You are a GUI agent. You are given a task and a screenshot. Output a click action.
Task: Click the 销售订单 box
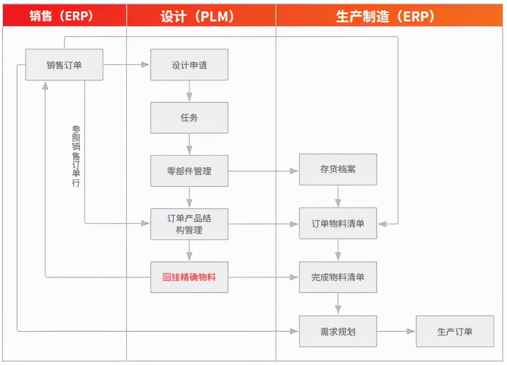(64, 65)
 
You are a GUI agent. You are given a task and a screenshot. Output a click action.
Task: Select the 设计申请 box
(189, 65)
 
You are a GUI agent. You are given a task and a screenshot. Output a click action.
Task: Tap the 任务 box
(189, 118)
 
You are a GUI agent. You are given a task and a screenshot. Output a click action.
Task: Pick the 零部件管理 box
(189, 171)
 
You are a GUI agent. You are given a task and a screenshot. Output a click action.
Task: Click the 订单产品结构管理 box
(189, 224)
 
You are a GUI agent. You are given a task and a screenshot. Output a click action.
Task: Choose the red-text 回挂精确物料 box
(189, 277)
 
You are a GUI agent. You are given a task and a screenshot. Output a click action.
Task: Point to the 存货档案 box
(338, 170)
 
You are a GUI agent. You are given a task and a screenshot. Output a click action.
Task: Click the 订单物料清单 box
(338, 223)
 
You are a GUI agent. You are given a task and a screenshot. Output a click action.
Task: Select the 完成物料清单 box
(338, 277)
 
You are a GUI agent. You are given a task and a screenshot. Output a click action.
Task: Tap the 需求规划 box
(338, 331)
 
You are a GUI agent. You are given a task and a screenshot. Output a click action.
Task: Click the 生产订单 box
(455, 331)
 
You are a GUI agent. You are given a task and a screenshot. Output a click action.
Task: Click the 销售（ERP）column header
(64, 17)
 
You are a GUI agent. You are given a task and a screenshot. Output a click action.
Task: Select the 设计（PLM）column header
(201, 17)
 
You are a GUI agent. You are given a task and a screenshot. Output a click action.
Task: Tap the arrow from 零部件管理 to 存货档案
(263, 171)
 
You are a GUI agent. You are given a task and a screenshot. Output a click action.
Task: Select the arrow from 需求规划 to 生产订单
(396, 331)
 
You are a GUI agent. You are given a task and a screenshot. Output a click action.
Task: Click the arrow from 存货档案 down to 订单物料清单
(338, 196)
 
